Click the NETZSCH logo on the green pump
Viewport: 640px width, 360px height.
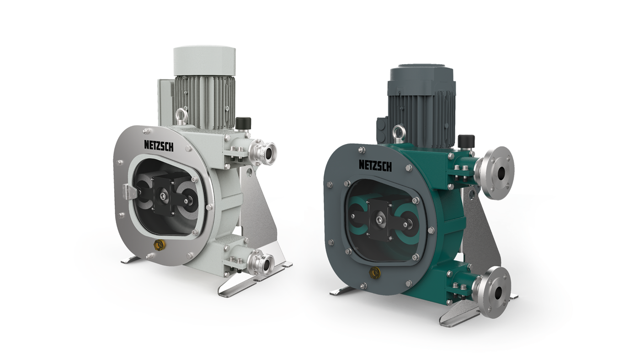coord(375,165)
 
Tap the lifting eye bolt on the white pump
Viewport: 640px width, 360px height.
coord(180,115)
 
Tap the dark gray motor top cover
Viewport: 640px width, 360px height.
coord(421,78)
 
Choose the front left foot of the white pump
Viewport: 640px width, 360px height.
coord(133,260)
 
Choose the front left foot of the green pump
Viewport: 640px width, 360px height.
coord(341,290)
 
